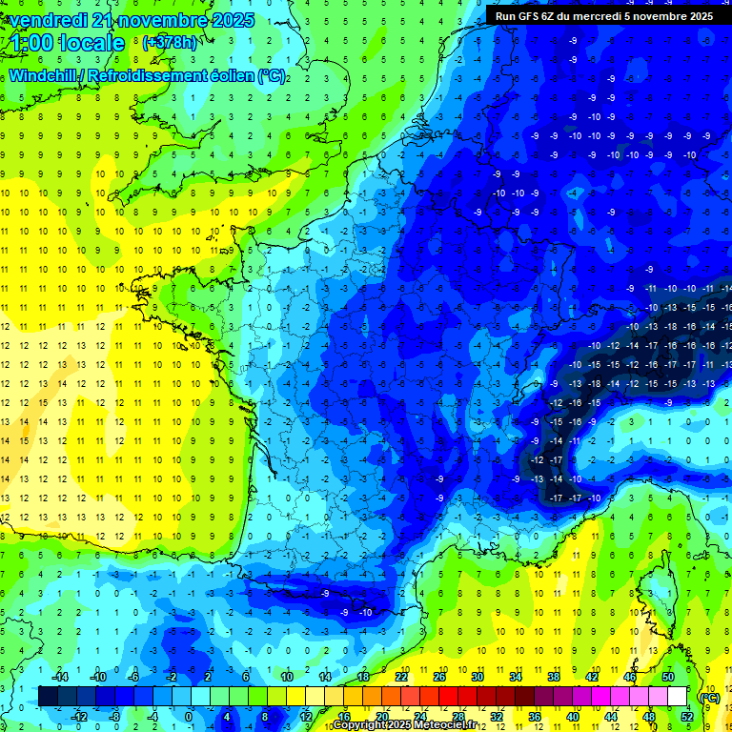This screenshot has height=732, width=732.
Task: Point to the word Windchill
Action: pos(44,76)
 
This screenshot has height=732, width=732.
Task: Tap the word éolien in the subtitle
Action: pos(234,76)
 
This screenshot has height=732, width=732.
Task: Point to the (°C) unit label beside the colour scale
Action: pos(709,698)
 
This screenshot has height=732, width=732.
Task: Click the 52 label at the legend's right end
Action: pos(686,716)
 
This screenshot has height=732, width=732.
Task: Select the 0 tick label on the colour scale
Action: pos(189,716)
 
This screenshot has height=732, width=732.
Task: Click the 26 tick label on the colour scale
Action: pos(439,678)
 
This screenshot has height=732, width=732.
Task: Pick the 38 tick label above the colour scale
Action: pos(553,678)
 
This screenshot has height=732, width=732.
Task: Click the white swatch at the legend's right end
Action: pos(677,697)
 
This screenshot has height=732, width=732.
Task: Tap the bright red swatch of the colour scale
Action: pos(449,697)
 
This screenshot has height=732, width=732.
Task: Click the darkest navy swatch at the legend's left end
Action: pos(48,697)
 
